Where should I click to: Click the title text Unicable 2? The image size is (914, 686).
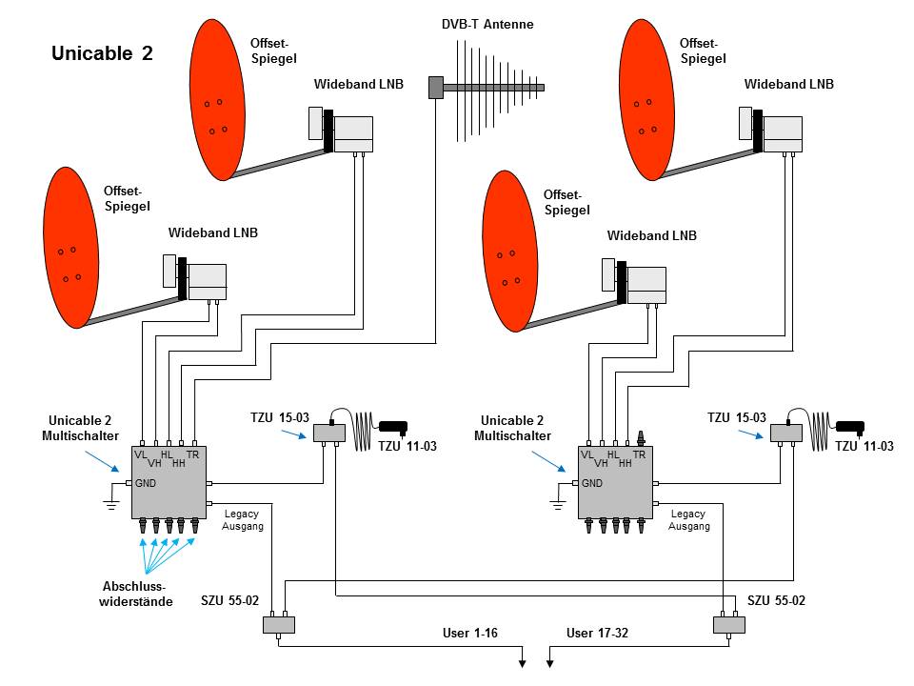click(x=102, y=53)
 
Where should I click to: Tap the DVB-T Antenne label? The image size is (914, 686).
click(x=487, y=24)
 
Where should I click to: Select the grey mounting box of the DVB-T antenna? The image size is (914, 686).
click(x=436, y=88)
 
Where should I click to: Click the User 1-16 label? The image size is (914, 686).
click(x=469, y=633)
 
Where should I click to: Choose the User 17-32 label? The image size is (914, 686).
click(x=597, y=633)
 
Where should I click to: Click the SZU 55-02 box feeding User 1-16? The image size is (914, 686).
click(x=279, y=625)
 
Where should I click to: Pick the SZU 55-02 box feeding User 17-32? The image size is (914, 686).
click(x=729, y=625)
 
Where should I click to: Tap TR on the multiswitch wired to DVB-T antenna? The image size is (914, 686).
click(x=193, y=455)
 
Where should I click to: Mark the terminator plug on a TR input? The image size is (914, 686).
click(x=641, y=437)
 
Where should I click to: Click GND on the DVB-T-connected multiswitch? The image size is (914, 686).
click(x=145, y=483)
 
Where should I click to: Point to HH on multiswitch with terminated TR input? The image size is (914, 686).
click(x=626, y=463)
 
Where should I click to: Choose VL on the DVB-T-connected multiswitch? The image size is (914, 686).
click(x=141, y=455)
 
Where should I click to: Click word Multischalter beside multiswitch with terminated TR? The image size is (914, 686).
click(x=512, y=435)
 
